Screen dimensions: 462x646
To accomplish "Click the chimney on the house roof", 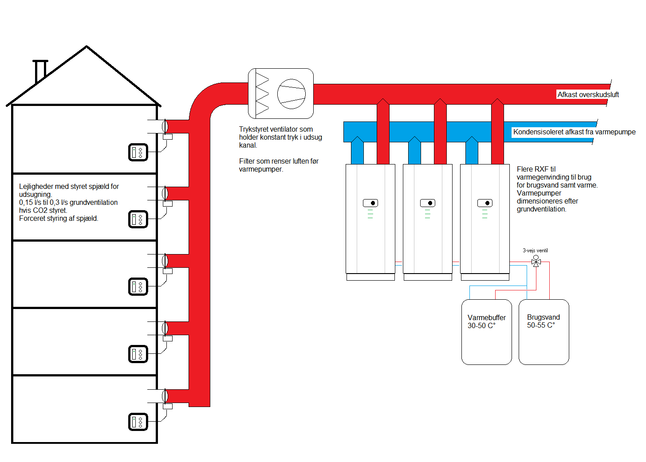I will (40, 71).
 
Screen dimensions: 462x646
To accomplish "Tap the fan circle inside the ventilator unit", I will (291, 94).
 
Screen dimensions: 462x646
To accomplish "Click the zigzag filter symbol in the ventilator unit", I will (262, 94).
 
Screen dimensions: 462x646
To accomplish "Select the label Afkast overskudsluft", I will (588, 94).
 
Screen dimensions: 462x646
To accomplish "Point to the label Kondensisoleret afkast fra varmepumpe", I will (574, 132).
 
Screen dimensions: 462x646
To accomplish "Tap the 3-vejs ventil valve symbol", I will (536, 262).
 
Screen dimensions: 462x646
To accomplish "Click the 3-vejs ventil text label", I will (535, 251).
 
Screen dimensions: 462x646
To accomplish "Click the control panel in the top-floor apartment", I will (138, 152).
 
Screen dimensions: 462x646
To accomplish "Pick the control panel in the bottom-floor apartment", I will (138, 422).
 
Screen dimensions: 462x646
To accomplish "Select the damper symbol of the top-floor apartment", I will (165, 126).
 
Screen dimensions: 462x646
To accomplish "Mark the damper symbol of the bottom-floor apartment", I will (165, 395).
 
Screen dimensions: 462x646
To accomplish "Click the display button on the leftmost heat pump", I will (370, 203).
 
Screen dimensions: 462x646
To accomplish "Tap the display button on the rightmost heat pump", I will (485, 203).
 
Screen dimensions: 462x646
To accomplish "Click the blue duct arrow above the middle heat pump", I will (414, 151).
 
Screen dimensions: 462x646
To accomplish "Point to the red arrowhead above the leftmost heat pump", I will (383, 102).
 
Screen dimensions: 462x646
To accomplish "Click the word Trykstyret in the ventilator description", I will (253, 129).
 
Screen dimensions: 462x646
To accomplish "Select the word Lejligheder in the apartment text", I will (36, 186).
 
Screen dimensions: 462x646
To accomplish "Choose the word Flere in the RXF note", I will (525, 169).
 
